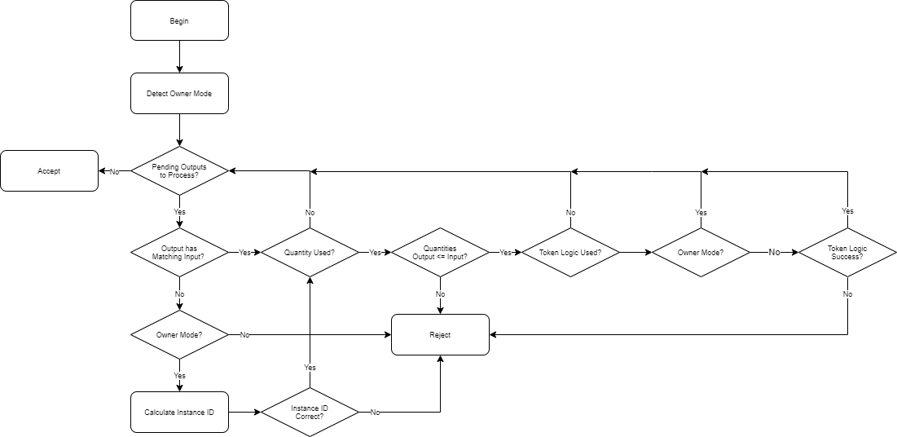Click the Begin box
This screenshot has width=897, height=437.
[179, 20]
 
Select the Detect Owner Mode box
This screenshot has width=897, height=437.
[179, 94]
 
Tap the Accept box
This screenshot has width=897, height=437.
[49, 171]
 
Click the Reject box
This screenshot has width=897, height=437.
[440, 334]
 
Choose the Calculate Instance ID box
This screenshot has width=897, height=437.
[179, 413]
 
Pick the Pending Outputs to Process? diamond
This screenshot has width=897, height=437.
[179, 171]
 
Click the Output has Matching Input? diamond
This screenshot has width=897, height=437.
[179, 253]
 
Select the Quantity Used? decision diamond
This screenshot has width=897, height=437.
[310, 253]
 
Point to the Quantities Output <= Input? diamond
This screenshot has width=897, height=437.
[440, 253]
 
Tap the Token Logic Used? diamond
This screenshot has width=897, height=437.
[570, 253]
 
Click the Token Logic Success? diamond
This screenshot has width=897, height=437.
[847, 253]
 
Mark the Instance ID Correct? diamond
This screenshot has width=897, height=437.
[310, 413]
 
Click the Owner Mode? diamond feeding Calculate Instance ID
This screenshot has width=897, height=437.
[179, 334]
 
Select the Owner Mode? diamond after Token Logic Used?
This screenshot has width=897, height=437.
[701, 253]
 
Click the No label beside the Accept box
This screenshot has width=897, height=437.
[114, 171]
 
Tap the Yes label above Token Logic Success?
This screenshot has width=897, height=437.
[847, 211]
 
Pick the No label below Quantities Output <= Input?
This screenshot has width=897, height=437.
[440, 294]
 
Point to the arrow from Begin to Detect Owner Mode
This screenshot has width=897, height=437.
[179, 57]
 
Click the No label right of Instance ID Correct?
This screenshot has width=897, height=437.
[375, 413]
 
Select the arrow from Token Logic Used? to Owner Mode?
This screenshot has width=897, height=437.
[635, 253]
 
